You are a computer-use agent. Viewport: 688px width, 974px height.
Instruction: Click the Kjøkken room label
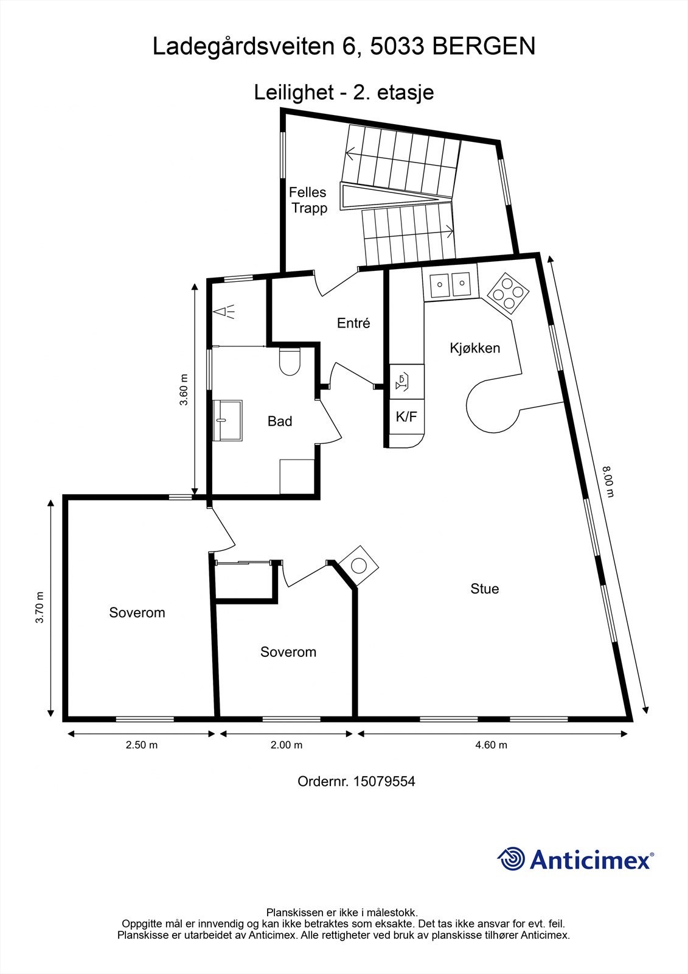[x=474, y=348]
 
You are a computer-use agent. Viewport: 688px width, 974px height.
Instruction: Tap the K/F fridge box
[x=406, y=417]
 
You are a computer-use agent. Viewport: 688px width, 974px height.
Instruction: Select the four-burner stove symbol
[x=507, y=293]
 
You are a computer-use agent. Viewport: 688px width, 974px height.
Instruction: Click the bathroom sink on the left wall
[x=227, y=420]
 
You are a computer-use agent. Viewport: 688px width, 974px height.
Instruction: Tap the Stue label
[x=484, y=589]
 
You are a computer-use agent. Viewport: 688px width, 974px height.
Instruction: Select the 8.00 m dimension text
[x=608, y=481]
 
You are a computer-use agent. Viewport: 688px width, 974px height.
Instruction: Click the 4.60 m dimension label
[x=490, y=745]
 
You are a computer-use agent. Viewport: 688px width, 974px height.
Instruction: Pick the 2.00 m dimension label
[x=285, y=745]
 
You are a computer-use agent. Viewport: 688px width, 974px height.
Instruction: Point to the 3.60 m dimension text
[x=184, y=390]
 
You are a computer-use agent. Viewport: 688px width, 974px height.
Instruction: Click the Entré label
[x=353, y=323]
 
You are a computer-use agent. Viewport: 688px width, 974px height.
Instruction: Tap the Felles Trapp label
[x=308, y=200]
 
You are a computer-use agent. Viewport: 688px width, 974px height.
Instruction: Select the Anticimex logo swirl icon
[x=511, y=860]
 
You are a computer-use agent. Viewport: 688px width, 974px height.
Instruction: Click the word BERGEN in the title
[x=484, y=46]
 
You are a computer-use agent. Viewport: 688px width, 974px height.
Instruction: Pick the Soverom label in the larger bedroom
[x=137, y=612]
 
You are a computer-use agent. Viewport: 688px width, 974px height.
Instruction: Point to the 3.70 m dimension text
[x=40, y=608]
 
